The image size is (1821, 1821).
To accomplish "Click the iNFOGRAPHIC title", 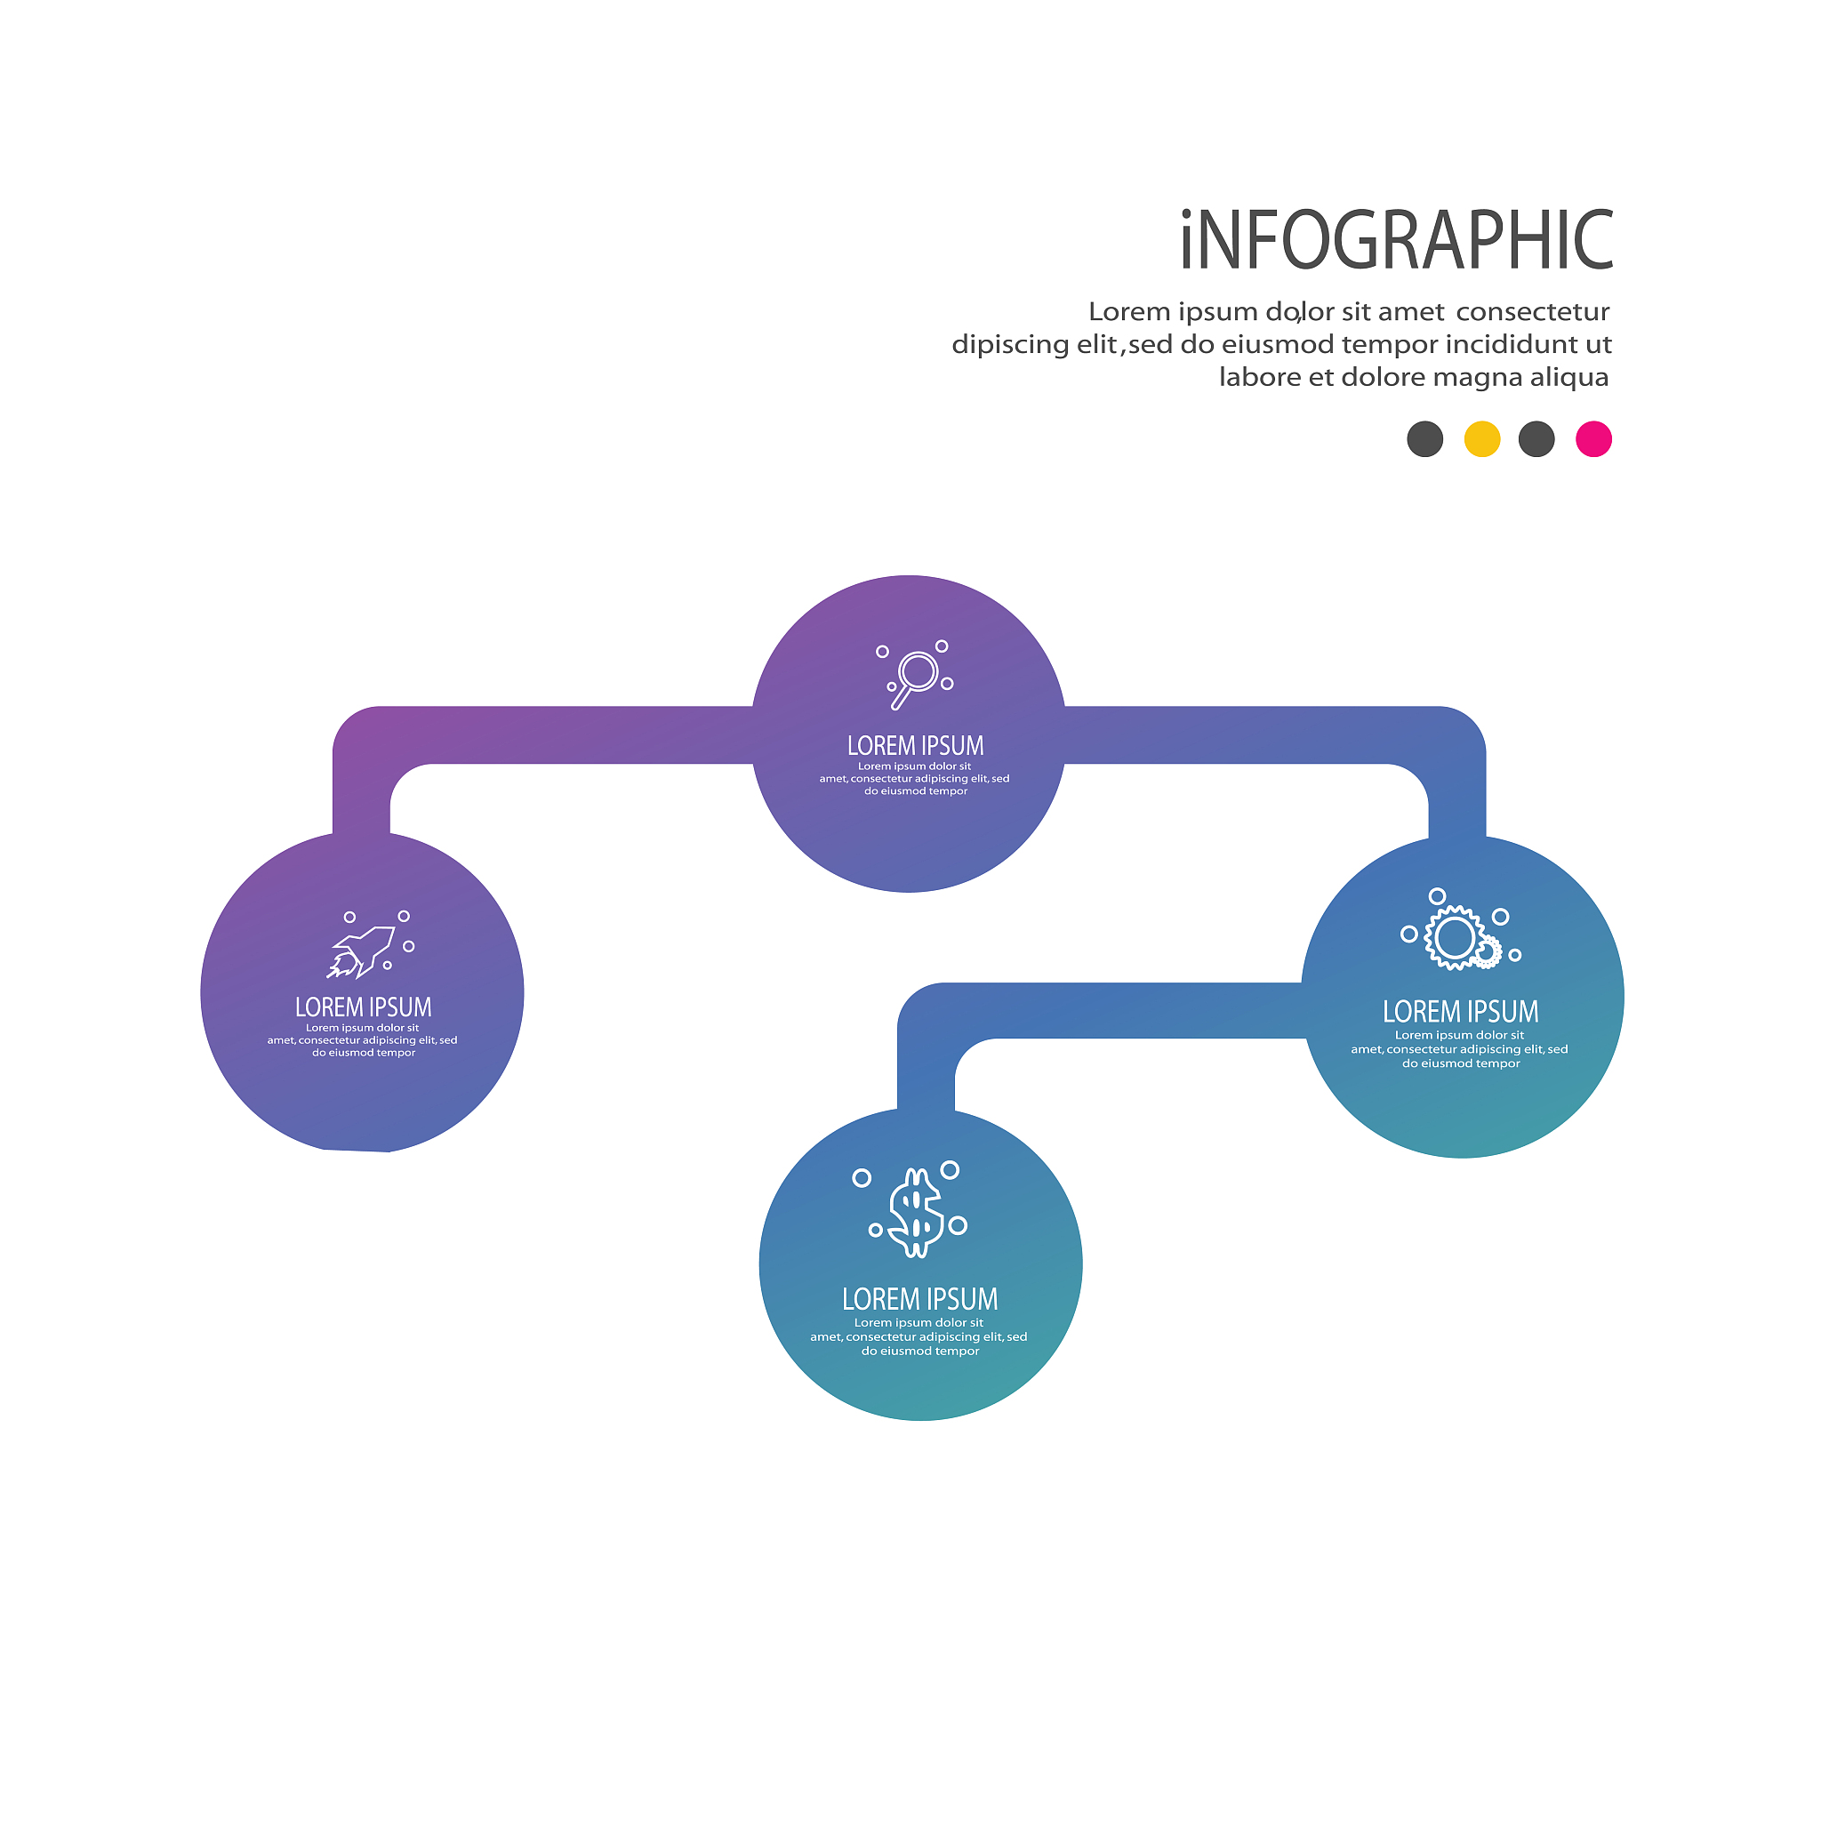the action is pyautogui.click(x=1396, y=239).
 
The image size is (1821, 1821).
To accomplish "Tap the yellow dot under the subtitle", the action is pyautogui.click(x=1481, y=439).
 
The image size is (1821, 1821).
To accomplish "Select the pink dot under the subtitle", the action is pyautogui.click(x=1594, y=439).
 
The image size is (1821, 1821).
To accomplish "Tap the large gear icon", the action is pyautogui.click(x=1455, y=938).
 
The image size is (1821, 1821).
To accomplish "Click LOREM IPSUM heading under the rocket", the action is pyautogui.click(x=364, y=1007).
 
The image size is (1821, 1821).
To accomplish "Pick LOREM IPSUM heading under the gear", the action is pyautogui.click(x=1460, y=1012).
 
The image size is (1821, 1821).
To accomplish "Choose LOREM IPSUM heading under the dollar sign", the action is pyautogui.click(x=920, y=1300).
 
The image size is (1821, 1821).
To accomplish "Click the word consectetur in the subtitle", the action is pyautogui.click(x=1533, y=312).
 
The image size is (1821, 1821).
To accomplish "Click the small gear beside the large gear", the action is pyautogui.click(x=1488, y=954).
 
